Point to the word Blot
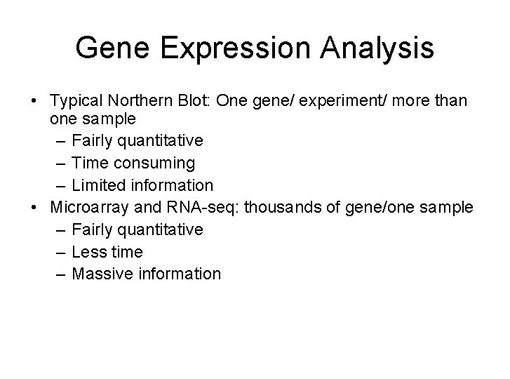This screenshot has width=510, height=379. [x=194, y=102]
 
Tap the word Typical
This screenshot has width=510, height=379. [x=74, y=102]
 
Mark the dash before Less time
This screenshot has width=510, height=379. [x=59, y=252]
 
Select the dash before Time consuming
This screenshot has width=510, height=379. [x=59, y=164]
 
